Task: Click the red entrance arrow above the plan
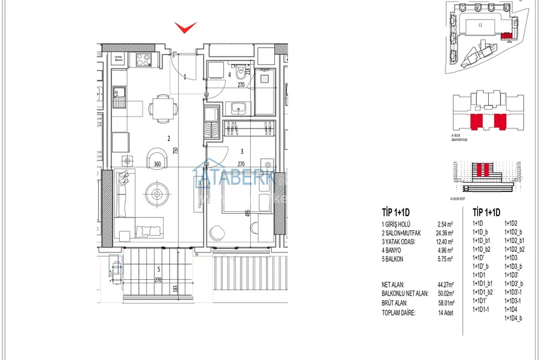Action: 186,27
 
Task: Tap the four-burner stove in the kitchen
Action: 141,60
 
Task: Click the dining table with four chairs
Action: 163,107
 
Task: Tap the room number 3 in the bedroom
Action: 242,151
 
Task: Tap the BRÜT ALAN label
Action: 394,304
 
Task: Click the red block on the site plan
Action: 506,37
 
